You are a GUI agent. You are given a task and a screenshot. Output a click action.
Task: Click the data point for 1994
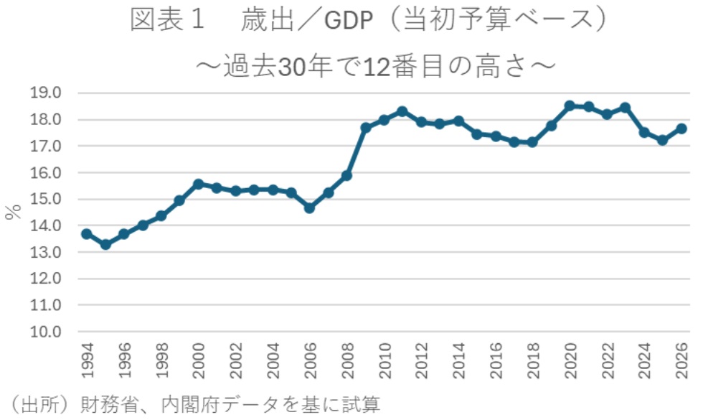87,234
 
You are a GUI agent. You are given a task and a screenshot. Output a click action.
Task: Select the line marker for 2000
199,185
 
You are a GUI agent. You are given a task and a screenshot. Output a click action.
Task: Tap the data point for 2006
310,207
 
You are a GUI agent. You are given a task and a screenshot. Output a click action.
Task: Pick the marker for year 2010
384,120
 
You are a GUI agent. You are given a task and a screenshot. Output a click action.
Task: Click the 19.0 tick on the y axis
47,93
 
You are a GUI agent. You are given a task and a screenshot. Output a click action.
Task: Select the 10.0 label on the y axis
47,332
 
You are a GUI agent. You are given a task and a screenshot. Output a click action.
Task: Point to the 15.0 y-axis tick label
47,200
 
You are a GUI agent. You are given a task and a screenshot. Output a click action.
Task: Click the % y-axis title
12,213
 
